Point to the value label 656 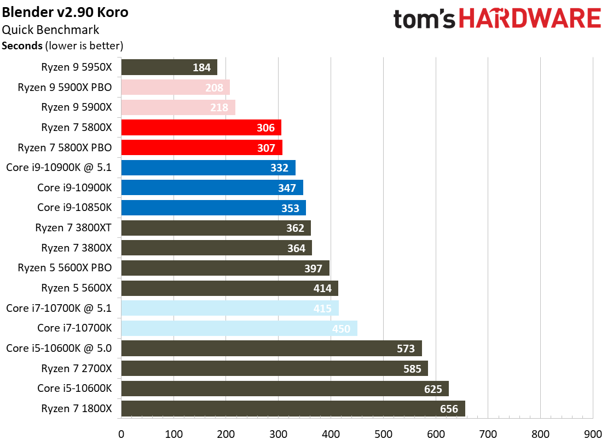(449, 409)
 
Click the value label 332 (279, 168)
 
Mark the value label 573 (406, 349)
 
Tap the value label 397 (313, 269)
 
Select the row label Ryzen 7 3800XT (73, 228)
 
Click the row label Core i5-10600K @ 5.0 (59, 349)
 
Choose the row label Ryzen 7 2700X (76, 368)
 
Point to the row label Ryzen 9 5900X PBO (65, 87)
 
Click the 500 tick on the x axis (383, 434)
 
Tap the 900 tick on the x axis (593, 434)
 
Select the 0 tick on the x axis (121, 434)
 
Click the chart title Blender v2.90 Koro (65, 12)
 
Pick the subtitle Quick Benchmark (51, 30)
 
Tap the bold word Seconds (22, 45)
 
